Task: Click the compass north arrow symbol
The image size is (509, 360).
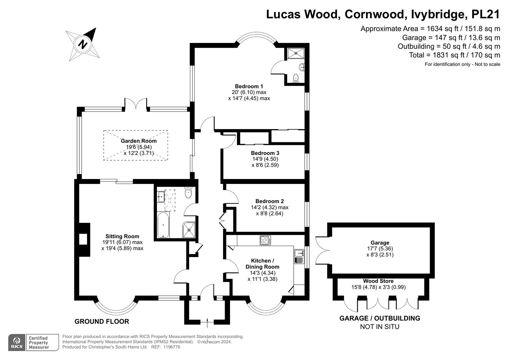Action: pos(83,44)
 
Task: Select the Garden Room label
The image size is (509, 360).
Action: pos(138,141)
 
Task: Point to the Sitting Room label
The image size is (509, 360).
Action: pos(122,236)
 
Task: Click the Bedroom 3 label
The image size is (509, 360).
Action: pos(265,153)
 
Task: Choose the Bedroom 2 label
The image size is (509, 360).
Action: pos(269,201)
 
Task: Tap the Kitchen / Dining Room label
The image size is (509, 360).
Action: pos(262,264)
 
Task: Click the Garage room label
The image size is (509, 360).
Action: pos(380,243)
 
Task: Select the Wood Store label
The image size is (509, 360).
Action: pos(378,281)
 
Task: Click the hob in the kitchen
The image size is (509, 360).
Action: pos(265,240)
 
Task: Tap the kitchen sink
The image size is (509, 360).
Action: pos(299,256)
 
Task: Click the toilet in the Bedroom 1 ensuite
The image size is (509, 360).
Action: pos(296,78)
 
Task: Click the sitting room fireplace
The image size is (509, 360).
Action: pos(84,240)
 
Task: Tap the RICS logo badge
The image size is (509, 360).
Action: pos(17,343)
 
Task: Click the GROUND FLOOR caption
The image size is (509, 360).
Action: pos(102,322)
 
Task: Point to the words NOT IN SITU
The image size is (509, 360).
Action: pos(379,327)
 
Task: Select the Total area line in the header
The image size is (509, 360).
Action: pos(454,55)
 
